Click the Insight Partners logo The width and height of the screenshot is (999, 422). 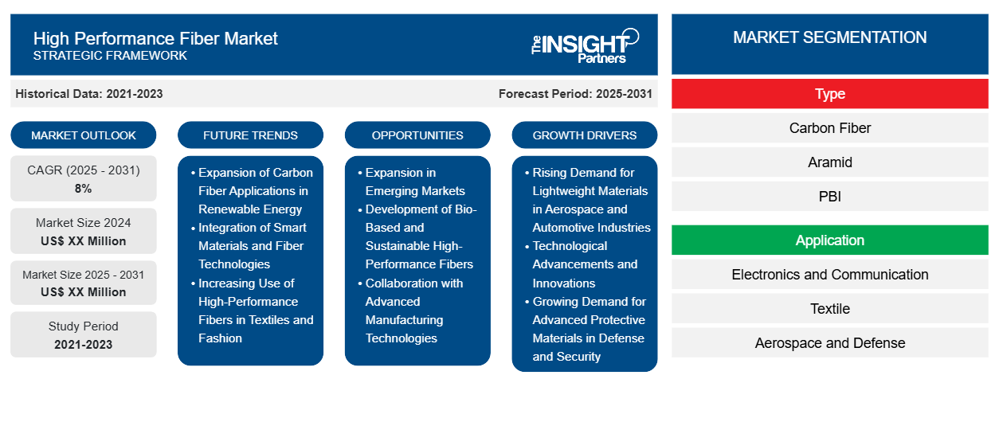pyautogui.click(x=586, y=45)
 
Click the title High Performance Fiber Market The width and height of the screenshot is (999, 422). pyautogui.click(x=155, y=37)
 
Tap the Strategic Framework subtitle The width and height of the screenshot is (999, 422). pyautogui.click(x=110, y=56)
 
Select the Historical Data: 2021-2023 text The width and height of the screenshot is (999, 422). pyautogui.click(x=89, y=94)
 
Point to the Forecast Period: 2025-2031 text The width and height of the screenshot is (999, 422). pyautogui.click(x=575, y=94)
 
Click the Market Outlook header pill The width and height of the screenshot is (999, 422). pyautogui.click(x=84, y=135)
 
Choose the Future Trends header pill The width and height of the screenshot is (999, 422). pyautogui.click(x=250, y=135)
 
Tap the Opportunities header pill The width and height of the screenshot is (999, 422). pyautogui.click(x=417, y=135)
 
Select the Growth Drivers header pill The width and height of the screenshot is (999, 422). pyautogui.click(x=585, y=135)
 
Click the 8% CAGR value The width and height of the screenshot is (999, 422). pyautogui.click(x=84, y=189)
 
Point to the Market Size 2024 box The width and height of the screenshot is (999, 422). pyautogui.click(x=84, y=231)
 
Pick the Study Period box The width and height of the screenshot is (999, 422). pyautogui.click(x=84, y=334)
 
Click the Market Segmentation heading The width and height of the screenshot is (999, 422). pyautogui.click(x=829, y=37)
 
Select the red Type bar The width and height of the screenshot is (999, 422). pyautogui.click(x=829, y=94)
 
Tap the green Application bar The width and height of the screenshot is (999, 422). pyautogui.click(x=829, y=240)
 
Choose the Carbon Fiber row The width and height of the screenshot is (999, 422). pyautogui.click(x=829, y=128)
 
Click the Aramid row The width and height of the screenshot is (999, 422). pyautogui.click(x=829, y=162)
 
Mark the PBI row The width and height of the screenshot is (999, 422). pyautogui.click(x=829, y=197)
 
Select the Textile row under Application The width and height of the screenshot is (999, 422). pyautogui.click(x=829, y=309)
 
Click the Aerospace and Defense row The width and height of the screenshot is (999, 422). pyautogui.click(x=829, y=343)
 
